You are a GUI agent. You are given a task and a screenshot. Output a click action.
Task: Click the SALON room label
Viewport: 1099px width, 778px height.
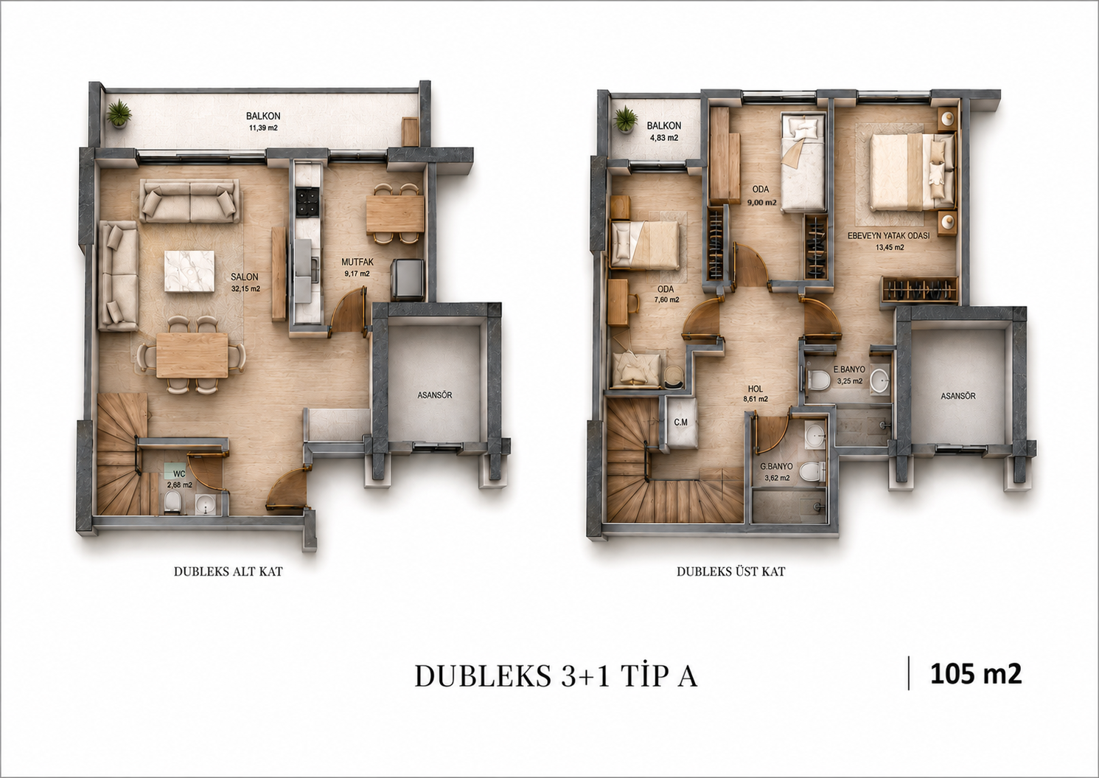point(244,277)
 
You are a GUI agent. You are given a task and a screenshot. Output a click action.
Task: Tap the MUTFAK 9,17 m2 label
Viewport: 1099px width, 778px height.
point(357,268)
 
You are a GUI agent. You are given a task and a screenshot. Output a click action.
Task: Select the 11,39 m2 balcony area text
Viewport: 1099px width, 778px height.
point(263,128)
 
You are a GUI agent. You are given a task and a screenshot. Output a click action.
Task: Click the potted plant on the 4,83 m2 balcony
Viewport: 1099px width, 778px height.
point(624,120)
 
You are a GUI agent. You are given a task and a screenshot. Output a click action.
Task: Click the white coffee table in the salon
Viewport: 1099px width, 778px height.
point(189,272)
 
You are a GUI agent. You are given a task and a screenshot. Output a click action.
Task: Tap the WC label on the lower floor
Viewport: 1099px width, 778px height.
point(179,475)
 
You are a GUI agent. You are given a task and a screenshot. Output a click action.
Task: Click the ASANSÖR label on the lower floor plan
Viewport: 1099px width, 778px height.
point(434,395)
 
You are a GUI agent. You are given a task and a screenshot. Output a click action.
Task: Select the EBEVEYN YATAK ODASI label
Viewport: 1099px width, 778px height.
point(888,235)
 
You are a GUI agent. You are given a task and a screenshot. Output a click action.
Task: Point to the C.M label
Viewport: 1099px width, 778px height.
point(680,422)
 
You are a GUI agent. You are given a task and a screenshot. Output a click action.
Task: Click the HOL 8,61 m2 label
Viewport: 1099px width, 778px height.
point(756,394)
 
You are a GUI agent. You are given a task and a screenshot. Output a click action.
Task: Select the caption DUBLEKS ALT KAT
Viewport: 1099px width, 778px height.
point(228,572)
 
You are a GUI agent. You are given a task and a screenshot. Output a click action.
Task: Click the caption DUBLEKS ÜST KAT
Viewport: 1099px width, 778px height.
point(731,572)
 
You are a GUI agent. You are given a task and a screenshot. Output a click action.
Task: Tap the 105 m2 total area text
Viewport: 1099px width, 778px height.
point(976,673)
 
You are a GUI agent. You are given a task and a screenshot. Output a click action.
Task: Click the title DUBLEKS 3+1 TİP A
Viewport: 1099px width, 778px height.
point(556,675)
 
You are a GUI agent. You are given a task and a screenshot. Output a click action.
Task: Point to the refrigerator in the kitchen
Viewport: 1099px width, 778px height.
point(407,279)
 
